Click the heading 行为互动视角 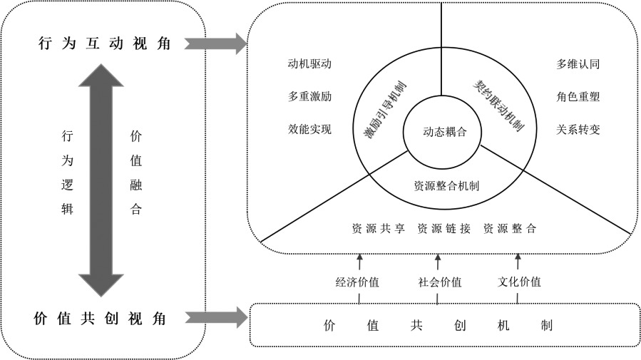pyautogui.click(x=104, y=43)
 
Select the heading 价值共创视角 pyautogui.click(x=101, y=319)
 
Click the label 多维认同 pyautogui.click(x=578, y=63)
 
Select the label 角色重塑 pyautogui.click(x=578, y=96)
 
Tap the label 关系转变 pyautogui.click(x=578, y=129)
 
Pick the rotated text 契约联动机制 pyautogui.click(x=499, y=105)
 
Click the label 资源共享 pyautogui.click(x=379, y=229)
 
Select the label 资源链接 pyautogui.click(x=444, y=229)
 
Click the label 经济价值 pyautogui.click(x=357, y=282)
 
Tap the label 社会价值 pyautogui.click(x=440, y=282)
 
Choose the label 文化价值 pyautogui.click(x=519, y=282)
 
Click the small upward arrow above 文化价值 pyautogui.click(x=518, y=260)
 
